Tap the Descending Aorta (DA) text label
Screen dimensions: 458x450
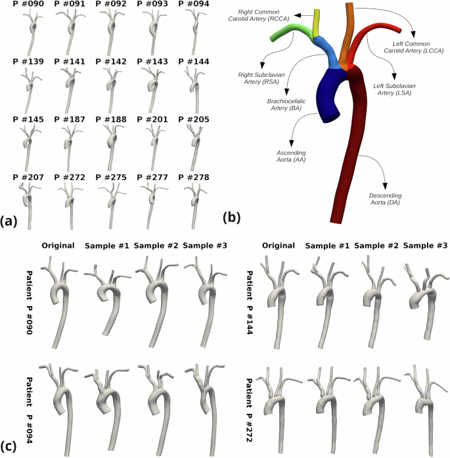[x=386, y=199]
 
